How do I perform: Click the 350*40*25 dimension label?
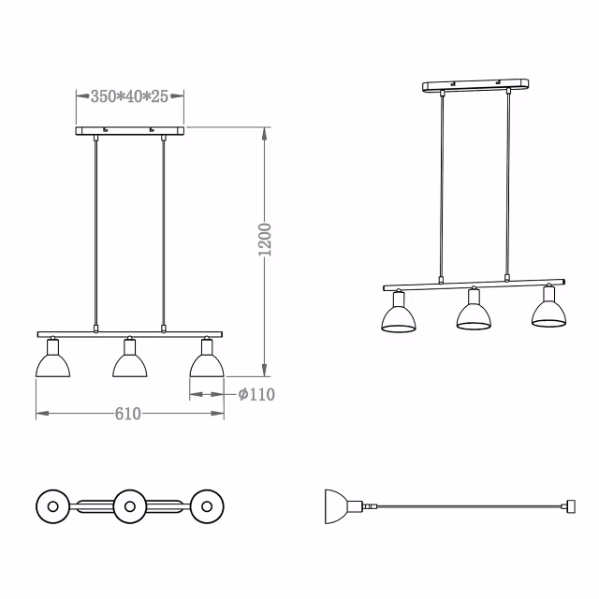point(129,96)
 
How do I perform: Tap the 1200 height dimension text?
point(265,240)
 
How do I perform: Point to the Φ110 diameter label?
point(256,395)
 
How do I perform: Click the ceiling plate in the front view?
point(129,131)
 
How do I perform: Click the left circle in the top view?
point(52,506)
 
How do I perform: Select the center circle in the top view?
point(129,506)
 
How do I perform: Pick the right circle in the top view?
point(207,506)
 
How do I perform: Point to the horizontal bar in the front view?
point(129,333)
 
